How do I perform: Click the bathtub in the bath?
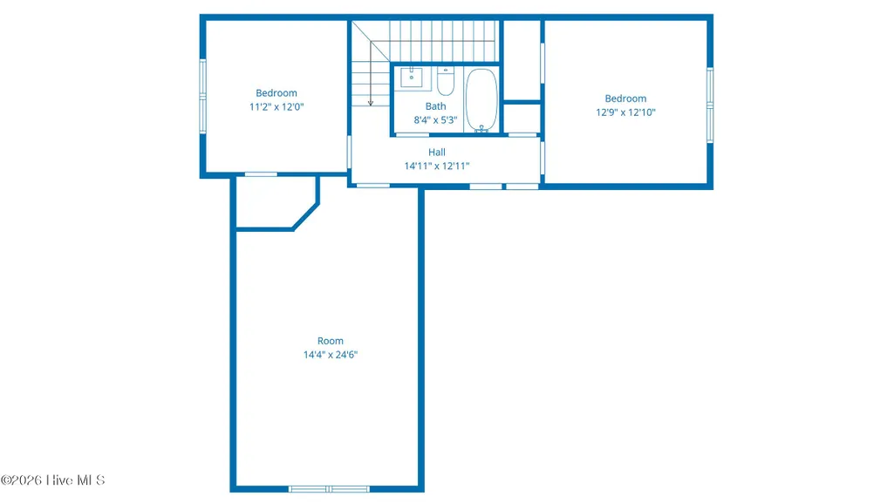click(481, 101)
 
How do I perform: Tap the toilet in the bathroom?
click(446, 81)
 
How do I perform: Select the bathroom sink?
click(411, 77)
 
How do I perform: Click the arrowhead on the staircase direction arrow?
click(371, 103)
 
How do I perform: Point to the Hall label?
click(437, 152)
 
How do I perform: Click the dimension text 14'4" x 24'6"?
click(330, 354)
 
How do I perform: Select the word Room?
click(330, 341)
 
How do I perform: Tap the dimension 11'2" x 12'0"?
click(276, 106)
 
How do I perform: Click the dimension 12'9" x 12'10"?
click(625, 112)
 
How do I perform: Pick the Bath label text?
click(435, 106)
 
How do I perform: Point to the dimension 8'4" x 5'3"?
click(435, 119)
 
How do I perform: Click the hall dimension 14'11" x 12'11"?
click(437, 166)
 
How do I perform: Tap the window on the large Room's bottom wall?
click(329, 489)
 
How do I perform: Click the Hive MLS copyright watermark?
click(52, 479)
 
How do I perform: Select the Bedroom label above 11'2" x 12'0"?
click(276, 93)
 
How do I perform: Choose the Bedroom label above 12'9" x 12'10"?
click(625, 99)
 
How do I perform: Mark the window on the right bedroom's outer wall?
click(710, 105)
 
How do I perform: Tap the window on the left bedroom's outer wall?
click(202, 96)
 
